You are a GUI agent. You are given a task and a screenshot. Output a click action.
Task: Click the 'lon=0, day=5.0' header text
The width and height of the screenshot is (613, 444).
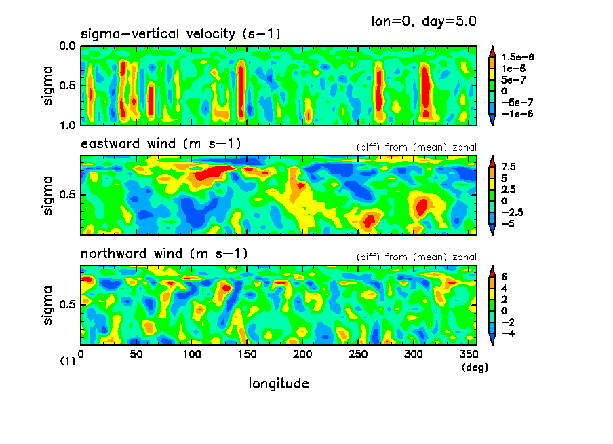pyautogui.click(x=423, y=22)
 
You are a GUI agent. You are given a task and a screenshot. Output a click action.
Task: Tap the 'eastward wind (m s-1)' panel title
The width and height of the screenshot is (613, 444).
pyautogui.click(x=161, y=144)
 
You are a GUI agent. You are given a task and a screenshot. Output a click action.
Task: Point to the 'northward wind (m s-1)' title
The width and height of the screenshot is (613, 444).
pyautogui.click(x=164, y=255)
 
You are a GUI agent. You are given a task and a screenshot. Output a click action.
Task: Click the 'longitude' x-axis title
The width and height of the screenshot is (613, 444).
pyautogui.click(x=279, y=384)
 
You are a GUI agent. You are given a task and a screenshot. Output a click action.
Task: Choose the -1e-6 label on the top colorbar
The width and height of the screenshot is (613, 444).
pyautogui.click(x=517, y=113)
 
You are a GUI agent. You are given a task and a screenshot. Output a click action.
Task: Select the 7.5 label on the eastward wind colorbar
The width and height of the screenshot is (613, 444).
pyautogui.click(x=509, y=167)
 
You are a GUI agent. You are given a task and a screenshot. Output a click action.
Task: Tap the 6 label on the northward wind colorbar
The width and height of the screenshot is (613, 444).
pyautogui.click(x=505, y=277)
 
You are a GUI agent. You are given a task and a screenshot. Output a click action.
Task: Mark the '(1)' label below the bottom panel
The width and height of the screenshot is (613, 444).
pyautogui.click(x=68, y=362)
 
